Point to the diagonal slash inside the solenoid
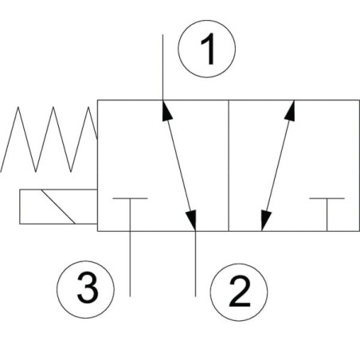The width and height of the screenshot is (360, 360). [x=58, y=207]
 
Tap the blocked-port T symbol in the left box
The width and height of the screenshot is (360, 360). [x=130, y=214]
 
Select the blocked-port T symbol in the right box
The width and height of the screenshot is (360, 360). [x=327, y=214]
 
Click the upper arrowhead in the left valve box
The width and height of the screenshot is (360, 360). [x=166, y=111]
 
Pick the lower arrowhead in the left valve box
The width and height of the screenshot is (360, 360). [x=191, y=221]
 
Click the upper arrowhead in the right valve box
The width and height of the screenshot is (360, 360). [x=290, y=111]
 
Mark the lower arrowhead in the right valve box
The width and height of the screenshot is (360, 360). [x=266, y=221]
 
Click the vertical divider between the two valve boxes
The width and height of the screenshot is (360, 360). [x=229, y=166]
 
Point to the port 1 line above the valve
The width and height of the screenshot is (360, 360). [x=162, y=67]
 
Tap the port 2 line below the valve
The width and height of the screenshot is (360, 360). [x=195, y=264]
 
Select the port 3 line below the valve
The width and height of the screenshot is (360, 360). [x=130, y=264]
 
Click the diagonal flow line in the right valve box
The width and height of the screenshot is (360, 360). [x=278, y=166]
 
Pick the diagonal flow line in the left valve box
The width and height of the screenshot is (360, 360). [x=179, y=166]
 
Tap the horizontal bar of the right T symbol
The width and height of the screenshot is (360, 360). [x=327, y=198]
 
